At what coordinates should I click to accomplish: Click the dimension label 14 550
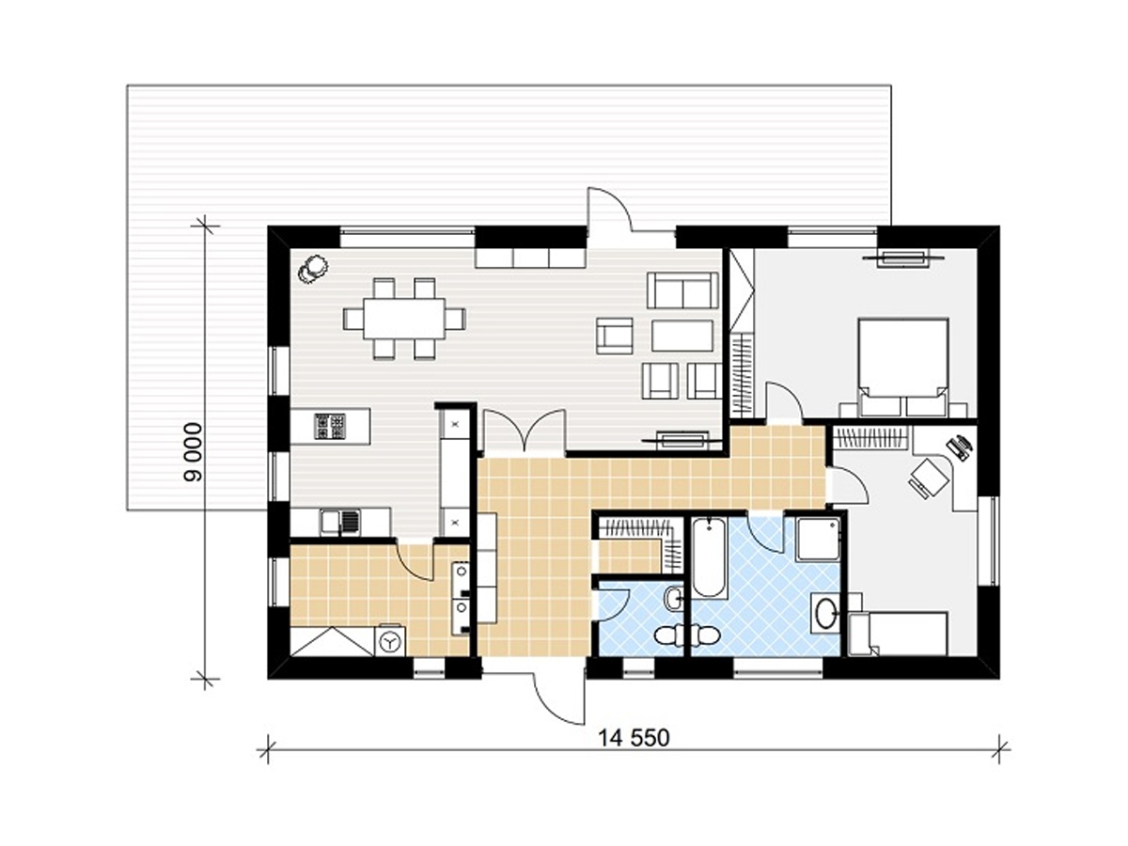click(x=634, y=738)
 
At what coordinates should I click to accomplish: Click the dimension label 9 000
click(x=194, y=451)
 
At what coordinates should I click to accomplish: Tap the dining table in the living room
click(x=404, y=319)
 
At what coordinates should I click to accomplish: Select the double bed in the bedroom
click(x=903, y=367)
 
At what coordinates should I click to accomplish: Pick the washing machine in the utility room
click(x=390, y=640)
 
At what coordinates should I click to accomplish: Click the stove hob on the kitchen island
click(x=329, y=427)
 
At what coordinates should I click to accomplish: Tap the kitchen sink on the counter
click(x=339, y=522)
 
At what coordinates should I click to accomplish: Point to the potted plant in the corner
click(x=311, y=268)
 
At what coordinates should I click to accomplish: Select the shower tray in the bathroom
click(x=818, y=540)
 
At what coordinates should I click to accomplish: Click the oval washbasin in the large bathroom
click(x=826, y=616)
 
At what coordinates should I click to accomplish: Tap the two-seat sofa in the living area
click(x=682, y=290)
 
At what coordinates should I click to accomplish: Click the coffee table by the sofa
click(x=682, y=336)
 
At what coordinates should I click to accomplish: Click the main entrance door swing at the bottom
click(x=557, y=697)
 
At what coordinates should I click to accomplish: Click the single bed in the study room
click(x=898, y=634)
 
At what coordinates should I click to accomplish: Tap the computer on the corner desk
click(x=959, y=447)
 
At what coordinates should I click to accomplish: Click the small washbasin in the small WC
click(x=674, y=599)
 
